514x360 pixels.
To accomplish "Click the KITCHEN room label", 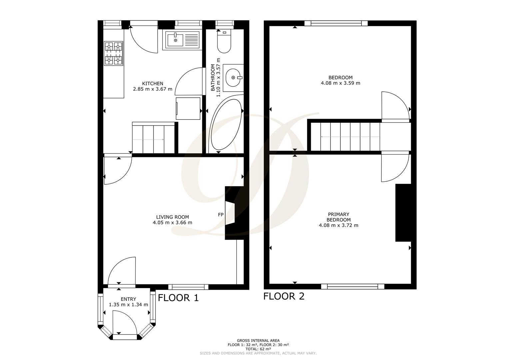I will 153,83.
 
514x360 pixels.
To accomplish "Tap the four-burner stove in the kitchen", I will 113,53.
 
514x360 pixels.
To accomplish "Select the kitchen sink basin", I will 175,40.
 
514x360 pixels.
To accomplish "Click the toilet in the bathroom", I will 224,44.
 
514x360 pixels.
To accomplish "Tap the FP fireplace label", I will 221,215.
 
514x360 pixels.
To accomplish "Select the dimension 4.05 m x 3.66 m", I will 173,223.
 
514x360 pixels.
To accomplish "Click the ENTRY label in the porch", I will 128,299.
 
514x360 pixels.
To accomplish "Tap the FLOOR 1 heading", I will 178,298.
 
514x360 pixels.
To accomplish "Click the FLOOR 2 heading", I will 284,296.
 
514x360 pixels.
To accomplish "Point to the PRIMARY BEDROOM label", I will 338,217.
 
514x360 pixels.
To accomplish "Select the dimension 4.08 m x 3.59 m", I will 340,83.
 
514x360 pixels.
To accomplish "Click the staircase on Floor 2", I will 345,137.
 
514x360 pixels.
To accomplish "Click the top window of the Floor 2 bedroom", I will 336,23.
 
